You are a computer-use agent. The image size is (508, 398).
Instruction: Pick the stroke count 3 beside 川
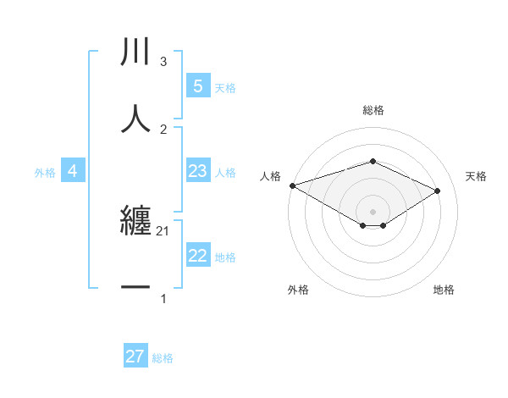click(163, 62)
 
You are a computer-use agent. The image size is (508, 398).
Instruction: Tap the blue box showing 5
click(197, 86)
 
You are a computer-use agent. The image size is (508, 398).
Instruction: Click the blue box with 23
click(197, 171)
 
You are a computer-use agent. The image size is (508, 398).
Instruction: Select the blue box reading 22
click(197, 256)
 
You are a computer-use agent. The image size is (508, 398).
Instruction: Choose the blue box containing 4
click(73, 171)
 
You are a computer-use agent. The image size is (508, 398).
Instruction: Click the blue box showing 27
click(135, 357)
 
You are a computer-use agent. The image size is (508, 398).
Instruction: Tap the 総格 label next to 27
click(163, 358)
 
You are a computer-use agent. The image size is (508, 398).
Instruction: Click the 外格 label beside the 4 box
click(45, 173)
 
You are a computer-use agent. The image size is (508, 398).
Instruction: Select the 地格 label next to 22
click(225, 257)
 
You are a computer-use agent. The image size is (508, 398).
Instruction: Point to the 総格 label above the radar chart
click(373, 110)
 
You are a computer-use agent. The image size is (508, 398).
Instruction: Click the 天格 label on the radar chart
click(476, 176)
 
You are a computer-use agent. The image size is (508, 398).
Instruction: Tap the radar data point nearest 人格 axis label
click(292, 185)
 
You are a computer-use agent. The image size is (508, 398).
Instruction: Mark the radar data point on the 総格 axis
click(373, 161)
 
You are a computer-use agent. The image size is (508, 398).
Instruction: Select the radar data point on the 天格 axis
click(438, 191)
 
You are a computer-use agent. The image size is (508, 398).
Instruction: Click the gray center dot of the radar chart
click(373, 211)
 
